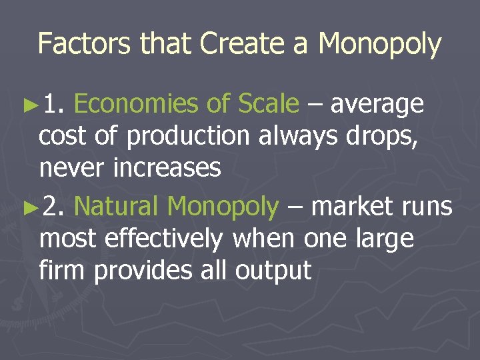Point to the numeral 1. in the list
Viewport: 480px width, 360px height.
coord(55,104)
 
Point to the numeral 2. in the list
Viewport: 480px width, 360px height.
coord(55,207)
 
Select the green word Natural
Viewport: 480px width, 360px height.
coord(116,207)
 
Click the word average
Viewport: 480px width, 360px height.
coord(377,105)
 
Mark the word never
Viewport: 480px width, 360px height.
coord(69,169)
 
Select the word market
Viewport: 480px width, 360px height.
coord(353,207)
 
